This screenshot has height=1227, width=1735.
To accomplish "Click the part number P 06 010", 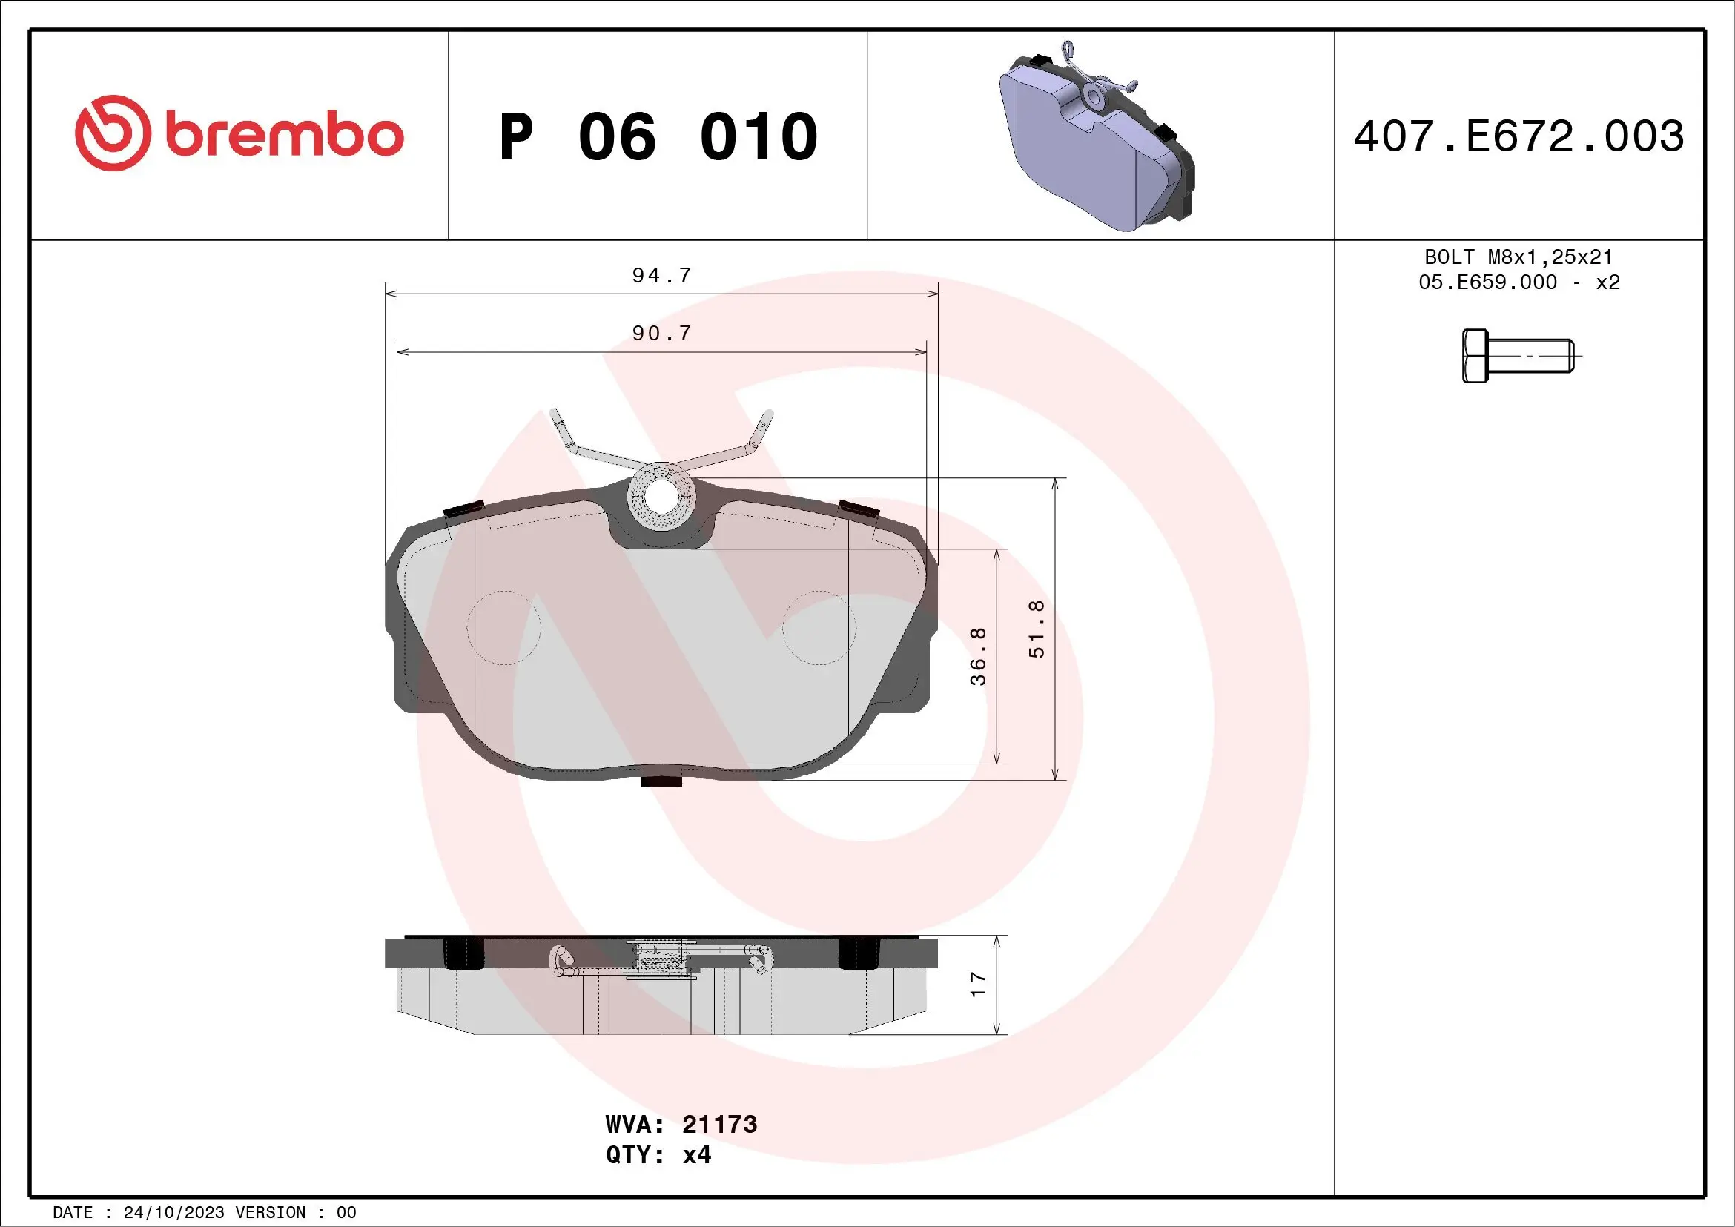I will pos(658,136).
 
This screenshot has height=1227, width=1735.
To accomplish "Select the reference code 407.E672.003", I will pos(1519,136).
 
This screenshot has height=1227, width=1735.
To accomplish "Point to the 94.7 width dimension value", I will pos(662,275).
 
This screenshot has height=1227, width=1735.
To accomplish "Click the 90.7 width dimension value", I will pos(662,333).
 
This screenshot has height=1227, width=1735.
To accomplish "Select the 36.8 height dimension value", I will pos(978,656).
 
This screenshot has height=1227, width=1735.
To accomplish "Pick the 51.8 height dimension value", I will pos(1037,629).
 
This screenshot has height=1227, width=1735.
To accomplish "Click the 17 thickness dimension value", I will pos(978,984).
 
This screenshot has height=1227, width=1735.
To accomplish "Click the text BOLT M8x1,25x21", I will pos(1519,257).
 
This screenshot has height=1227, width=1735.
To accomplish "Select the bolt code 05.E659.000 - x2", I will pos(1519,282).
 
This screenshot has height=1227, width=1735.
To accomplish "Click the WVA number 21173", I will pos(719,1124).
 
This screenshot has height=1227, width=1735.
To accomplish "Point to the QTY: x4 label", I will pos(658,1155).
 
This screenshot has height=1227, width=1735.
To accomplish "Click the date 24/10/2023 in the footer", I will pos(173,1213).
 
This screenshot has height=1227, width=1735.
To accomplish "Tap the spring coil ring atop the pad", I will pos(661,496).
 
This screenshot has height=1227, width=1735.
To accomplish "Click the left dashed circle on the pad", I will pos(504,627).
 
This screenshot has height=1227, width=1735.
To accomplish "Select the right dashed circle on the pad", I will pos(819,627).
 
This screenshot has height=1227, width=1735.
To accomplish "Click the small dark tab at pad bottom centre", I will pos(661,781).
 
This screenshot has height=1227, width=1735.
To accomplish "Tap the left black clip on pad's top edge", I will pos(464,508).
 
